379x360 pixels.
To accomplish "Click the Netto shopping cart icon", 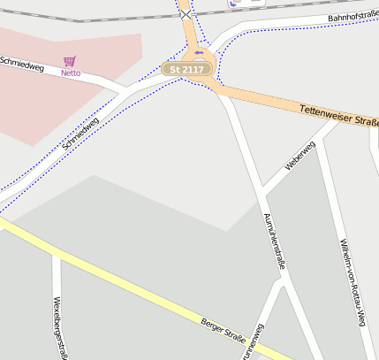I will click(x=70, y=61).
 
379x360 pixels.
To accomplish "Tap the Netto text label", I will click(x=71, y=73).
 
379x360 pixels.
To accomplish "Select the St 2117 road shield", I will click(x=186, y=69).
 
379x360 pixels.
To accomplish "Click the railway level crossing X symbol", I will click(x=186, y=15).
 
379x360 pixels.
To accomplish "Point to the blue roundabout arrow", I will click(x=198, y=52).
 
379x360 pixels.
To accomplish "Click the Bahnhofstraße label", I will click(x=352, y=16).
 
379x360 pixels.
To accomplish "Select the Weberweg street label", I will click(x=299, y=156).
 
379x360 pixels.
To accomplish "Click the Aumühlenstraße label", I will click(x=275, y=240).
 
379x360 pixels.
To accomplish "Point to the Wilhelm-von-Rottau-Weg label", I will click(x=352, y=281).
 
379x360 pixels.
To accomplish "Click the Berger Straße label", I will click(x=223, y=331).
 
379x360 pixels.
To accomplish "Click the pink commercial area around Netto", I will click(x=35, y=106).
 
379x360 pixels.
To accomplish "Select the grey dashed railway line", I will click(x=88, y=19).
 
